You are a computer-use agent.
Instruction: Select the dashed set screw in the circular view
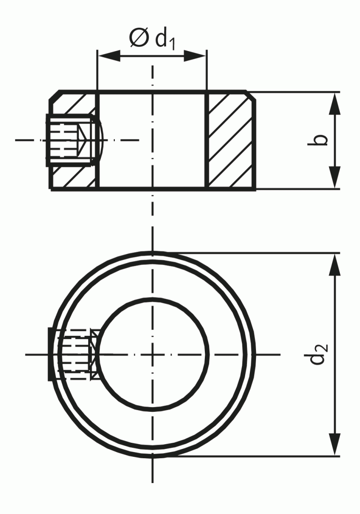tap(75, 354)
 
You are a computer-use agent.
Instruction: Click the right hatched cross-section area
tap(231, 141)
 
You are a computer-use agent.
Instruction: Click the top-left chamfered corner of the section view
tap(54, 96)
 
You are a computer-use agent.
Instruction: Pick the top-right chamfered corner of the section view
tap(251, 96)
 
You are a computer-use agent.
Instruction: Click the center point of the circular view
tap(152, 354)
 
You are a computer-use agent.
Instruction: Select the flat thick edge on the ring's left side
tap(50, 354)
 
